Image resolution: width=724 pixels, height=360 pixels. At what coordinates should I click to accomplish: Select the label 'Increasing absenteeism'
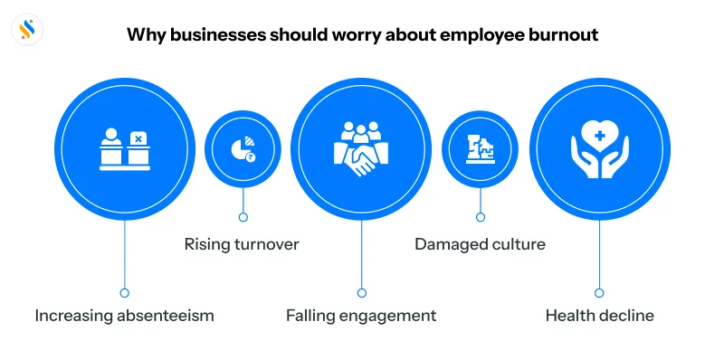coord(125,316)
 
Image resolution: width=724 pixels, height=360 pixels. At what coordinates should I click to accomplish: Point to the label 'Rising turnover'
coord(242,244)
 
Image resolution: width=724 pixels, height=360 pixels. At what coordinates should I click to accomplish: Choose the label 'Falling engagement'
coord(361,316)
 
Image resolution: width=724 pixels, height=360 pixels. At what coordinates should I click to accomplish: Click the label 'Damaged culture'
coord(480,244)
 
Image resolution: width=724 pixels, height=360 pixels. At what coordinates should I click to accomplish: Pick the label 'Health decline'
coord(599,316)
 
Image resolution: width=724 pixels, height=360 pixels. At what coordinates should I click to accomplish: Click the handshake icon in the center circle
coord(361,163)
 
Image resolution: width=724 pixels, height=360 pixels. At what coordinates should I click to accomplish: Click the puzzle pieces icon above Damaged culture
coord(480,149)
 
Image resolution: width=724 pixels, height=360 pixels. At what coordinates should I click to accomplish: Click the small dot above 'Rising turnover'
coord(242,217)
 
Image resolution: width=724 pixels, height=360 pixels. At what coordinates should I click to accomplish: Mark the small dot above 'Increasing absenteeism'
coord(125,292)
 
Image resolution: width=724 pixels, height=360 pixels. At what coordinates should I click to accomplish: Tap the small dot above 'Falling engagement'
coord(361,292)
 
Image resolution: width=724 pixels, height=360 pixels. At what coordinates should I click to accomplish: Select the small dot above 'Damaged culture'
coord(480,217)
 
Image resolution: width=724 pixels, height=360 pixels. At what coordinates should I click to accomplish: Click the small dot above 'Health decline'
coord(599,292)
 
